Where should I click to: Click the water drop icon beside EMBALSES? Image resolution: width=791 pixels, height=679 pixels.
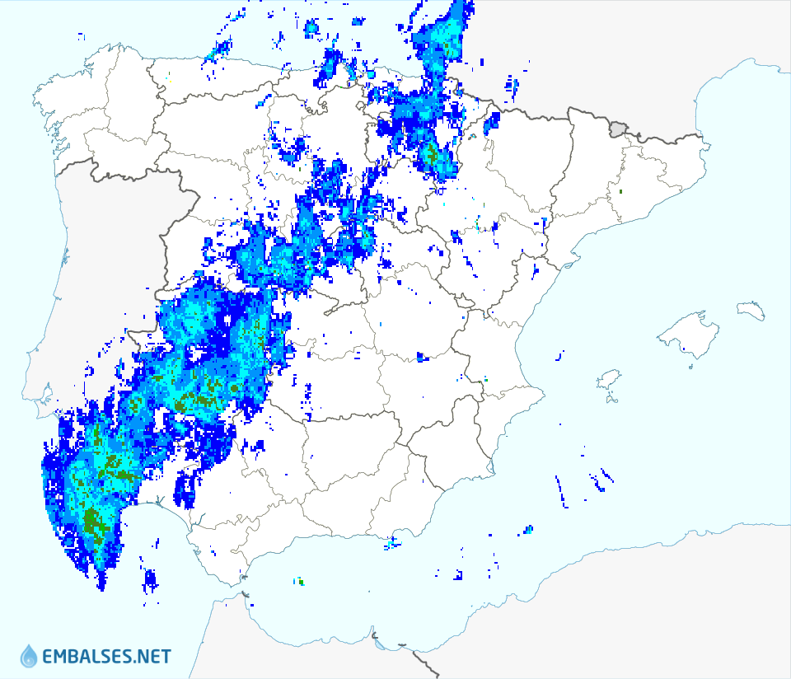pyautogui.click(x=29, y=656)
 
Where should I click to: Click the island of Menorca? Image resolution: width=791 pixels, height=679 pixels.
pyautogui.click(x=751, y=310)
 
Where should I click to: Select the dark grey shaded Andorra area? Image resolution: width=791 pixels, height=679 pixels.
pyautogui.click(x=619, y=128)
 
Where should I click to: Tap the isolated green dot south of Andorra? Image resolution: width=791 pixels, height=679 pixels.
pyautogui.click(x=620, y=192)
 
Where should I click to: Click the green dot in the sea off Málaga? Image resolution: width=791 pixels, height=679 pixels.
pyautogui.click(x=301, y=582)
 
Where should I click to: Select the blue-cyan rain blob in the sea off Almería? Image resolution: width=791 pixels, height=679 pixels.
pyautogui.click(x=527, y=530)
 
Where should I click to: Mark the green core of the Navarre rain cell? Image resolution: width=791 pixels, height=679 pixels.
pyautogui.click(x=430, y=153)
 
